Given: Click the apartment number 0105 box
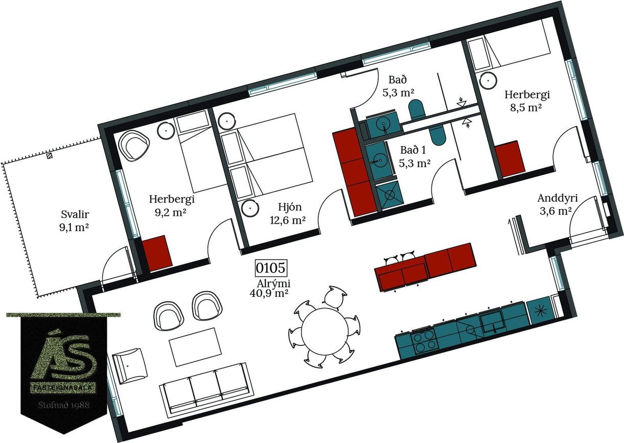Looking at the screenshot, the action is pyautogui.click(x=271, y=268).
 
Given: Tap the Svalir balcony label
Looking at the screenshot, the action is pyautogui.click(x=75, y=215).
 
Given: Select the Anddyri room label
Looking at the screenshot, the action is pyautogui.click(x=558, y=198).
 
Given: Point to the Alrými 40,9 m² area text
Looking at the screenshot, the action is pyautogui.click(x=270, y=288).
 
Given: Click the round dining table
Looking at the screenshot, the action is pyautogui.click(x=325, y=331).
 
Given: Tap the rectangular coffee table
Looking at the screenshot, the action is pyautogui.click(x=195, y=346).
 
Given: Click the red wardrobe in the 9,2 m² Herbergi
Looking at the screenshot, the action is pyautogui.click(x=157, y=253).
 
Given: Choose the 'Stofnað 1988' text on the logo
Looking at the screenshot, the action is pyautogui.click(x=64, y=405).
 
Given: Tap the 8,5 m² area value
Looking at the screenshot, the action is pyautogui.click(x=526, y=107).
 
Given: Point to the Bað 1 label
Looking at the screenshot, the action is pyautogui.click(x=413, y=150).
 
